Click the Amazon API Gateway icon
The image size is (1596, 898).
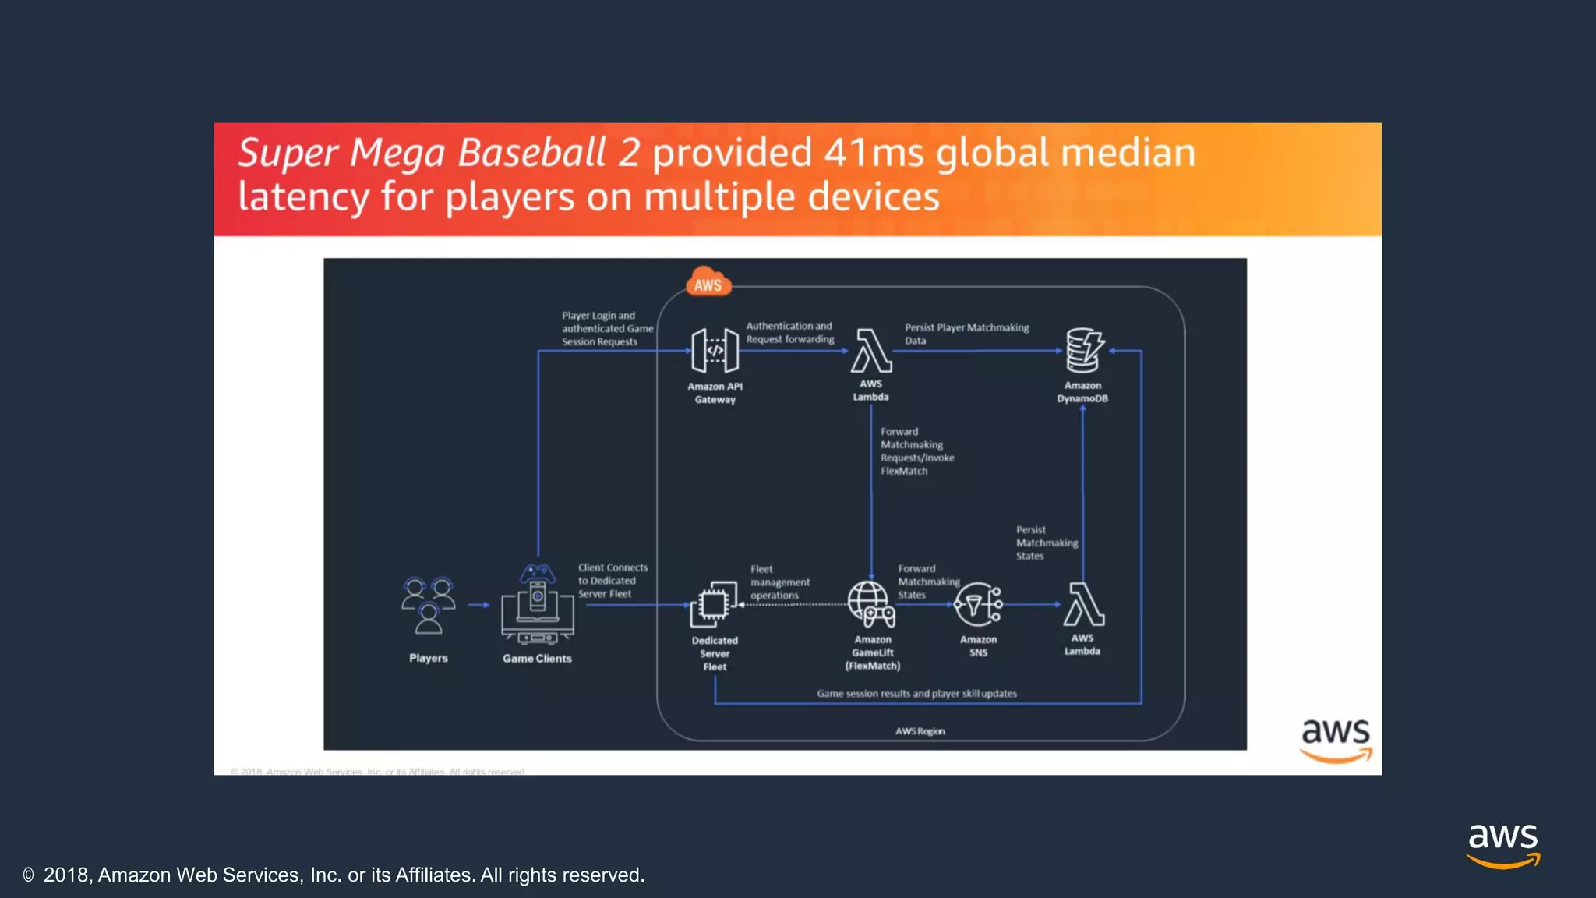click(715, 350)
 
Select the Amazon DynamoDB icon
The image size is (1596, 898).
click(1084, 350)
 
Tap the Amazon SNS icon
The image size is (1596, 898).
click(978, 605)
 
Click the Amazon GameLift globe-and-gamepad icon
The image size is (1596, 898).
click(871, 605)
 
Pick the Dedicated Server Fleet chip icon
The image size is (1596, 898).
click(714, 604)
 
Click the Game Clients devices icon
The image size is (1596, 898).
click(537, 604)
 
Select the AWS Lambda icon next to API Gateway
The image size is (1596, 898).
click(870, 350)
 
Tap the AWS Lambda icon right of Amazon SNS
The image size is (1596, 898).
click(1083, 604)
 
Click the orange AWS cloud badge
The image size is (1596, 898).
click(708, 283)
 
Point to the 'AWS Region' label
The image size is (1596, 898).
click(920, 731)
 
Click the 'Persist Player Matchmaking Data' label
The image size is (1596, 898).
click(966, 334)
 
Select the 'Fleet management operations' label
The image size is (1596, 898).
click(779, 582)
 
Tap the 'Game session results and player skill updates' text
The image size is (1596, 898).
click(916, 693)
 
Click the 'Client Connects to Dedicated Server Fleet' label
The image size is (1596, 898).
click(613, 581)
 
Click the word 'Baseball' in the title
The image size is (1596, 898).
click(531, 153)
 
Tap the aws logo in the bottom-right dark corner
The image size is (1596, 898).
click(1502, 845)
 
